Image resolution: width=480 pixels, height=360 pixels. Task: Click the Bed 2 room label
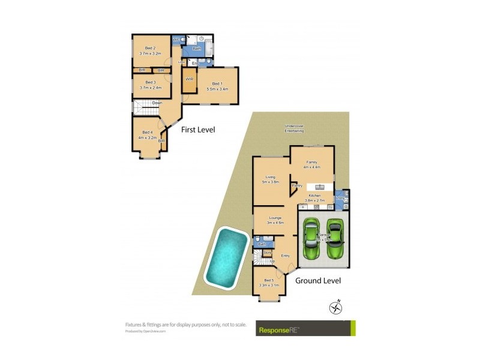[150, 48]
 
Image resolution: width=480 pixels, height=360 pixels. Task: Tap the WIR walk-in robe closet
[189, 80]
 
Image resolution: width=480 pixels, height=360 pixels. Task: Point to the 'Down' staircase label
[157, 103]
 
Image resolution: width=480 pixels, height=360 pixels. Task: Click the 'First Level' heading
[198, 130]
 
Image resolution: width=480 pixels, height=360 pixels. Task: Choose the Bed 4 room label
[148, 133]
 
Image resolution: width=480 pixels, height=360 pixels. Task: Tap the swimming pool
[227, 256]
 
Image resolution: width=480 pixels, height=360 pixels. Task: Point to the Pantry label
[296, 186]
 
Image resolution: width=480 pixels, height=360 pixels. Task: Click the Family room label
[311, 162]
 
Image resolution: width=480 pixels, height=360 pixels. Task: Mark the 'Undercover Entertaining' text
[294, 128]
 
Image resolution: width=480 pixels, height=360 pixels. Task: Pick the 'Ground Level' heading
[318, 280]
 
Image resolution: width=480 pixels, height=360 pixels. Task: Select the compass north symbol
[335, 307]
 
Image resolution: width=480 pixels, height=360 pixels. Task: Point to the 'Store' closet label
[267, 253]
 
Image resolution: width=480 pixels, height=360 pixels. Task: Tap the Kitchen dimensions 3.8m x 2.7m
[315, 201]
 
